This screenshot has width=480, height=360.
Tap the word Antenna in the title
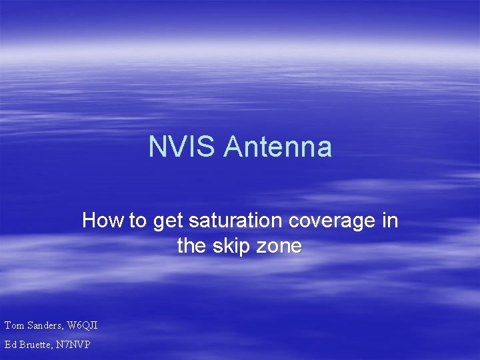pos(277,147)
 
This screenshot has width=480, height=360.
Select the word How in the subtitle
pos(103,221)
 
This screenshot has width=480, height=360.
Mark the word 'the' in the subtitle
pos(191,246)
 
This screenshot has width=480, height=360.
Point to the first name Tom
pos(14,325)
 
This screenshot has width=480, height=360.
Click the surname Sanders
pos(45,325)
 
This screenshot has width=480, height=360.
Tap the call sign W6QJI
pos(83,325)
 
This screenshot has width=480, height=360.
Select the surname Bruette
pos(37,345)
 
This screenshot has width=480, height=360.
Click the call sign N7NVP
pos(76,345)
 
